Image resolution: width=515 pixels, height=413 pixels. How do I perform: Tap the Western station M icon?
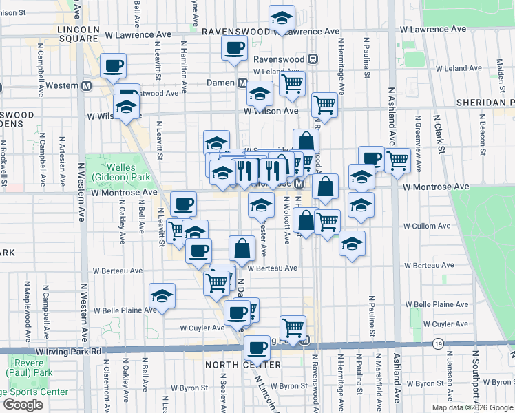87,86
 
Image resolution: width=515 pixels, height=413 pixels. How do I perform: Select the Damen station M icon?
242,83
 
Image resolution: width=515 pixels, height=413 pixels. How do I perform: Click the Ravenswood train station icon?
313,59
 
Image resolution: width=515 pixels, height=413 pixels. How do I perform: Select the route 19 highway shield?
438,343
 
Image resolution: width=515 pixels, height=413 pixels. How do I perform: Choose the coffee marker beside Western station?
114,67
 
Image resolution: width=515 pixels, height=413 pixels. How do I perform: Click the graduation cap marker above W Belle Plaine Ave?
162,295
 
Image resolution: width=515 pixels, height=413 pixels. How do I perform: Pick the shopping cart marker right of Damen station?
293,84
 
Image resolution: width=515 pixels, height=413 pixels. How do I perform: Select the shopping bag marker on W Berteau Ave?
242,248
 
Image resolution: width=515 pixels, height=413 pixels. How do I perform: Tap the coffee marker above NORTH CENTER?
257,348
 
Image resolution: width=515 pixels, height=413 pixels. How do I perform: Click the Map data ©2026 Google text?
472,407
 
